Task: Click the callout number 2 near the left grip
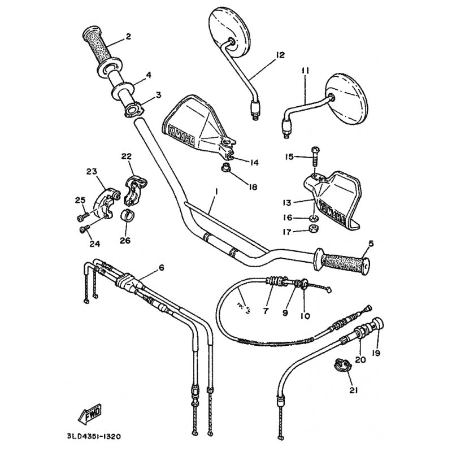tap(128, 37)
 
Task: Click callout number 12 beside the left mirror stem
tap(281, 55)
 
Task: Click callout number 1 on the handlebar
tap(215, 192)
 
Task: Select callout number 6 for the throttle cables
tap(162, 268)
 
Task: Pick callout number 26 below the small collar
tap(124, 240)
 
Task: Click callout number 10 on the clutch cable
tap(306, 316)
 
